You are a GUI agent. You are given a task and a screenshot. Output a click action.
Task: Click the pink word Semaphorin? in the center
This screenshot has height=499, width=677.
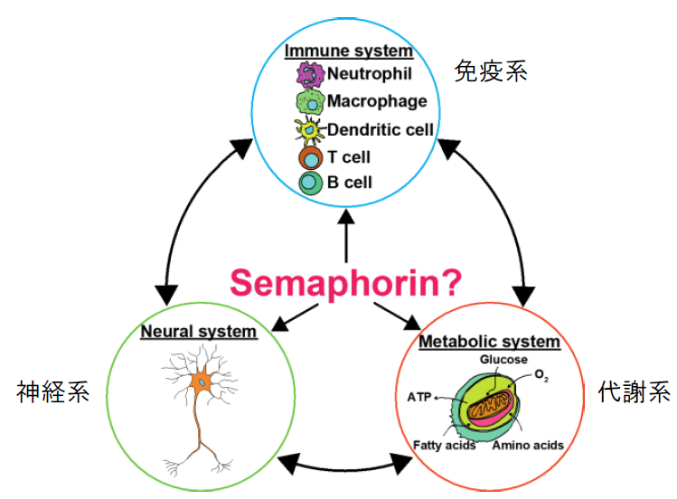click(346, 281)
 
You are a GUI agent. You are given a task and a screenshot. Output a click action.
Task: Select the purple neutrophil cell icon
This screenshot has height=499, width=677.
click(310, 73)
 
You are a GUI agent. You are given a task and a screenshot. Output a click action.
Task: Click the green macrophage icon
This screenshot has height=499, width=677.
click(310, 101)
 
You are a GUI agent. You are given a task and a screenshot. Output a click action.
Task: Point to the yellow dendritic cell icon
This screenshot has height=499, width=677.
click(311, 130)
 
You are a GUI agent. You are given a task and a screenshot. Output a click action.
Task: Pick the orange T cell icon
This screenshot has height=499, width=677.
click(310, 157)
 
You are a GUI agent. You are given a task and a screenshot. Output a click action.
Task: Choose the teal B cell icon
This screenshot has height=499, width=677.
click(310, 183)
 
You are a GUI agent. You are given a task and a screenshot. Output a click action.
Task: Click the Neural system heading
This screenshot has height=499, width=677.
click(198, 332)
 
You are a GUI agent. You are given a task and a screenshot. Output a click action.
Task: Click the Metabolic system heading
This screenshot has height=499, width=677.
click(489, 343)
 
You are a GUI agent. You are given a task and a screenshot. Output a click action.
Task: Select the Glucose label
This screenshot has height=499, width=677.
click(504, 361)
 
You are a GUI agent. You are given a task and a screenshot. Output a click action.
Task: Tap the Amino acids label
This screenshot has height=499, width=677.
click(529, 445)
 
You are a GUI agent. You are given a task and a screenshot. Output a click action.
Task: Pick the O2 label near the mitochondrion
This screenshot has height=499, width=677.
click(540, 373)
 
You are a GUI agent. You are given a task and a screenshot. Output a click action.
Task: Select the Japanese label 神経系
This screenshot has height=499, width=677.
click(53, 391)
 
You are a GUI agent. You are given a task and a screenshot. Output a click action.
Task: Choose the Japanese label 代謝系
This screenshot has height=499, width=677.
click(635, 391)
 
